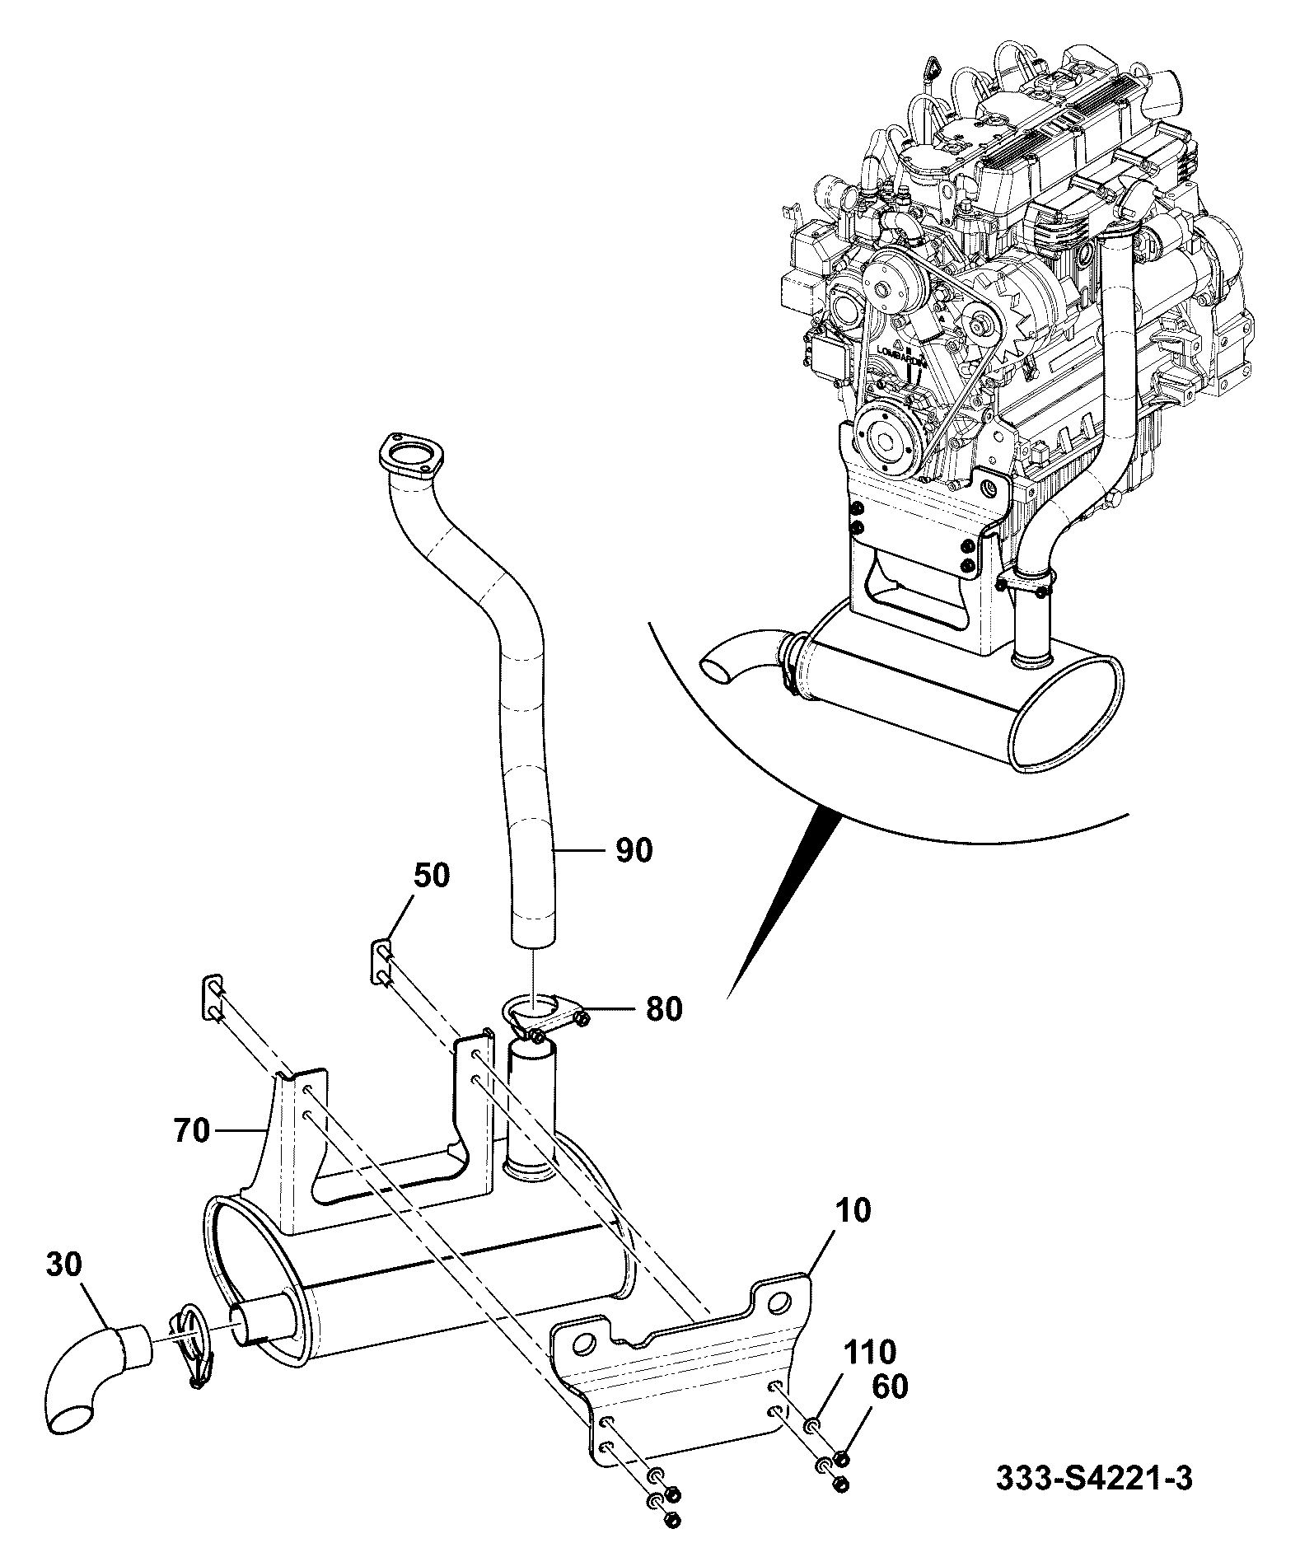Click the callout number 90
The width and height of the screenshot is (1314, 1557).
(633, 850)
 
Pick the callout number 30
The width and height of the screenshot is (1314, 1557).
(63, 1288)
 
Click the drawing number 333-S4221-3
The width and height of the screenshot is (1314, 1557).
(1094, 1501)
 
